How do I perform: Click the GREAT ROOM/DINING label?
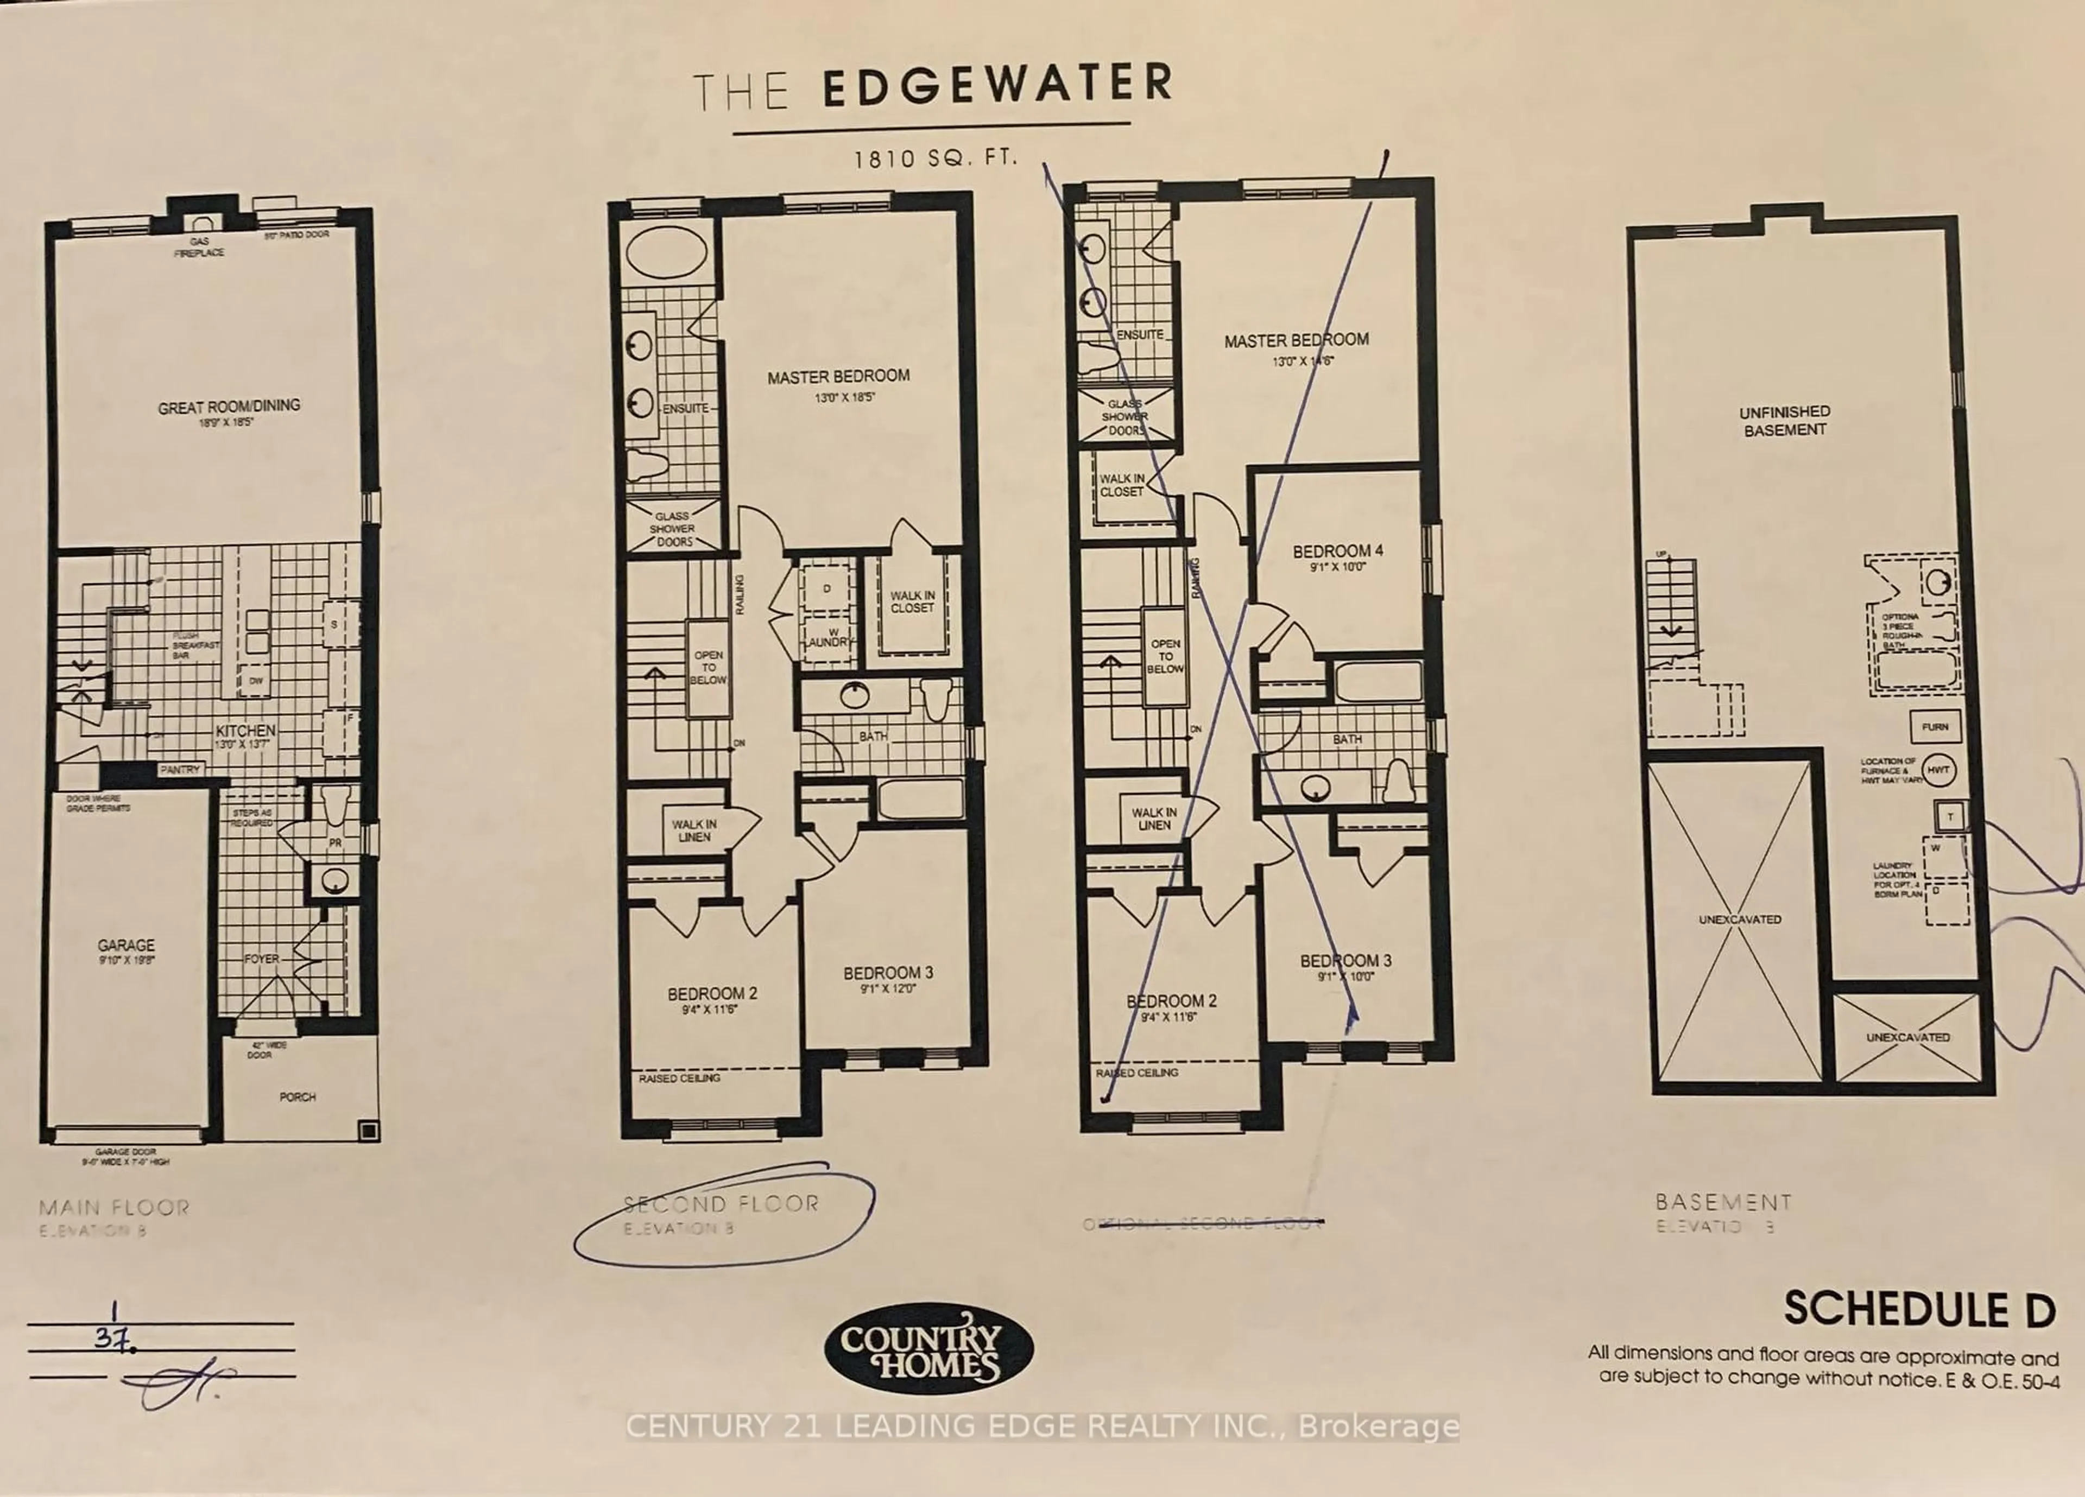(x=229, y=406)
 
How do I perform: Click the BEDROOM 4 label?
(x=1337, y=551)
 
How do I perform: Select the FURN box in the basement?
(x=1934, y=727)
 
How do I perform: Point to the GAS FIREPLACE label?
(x=199, y=246)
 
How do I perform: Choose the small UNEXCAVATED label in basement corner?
(x=1907, y=1037)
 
